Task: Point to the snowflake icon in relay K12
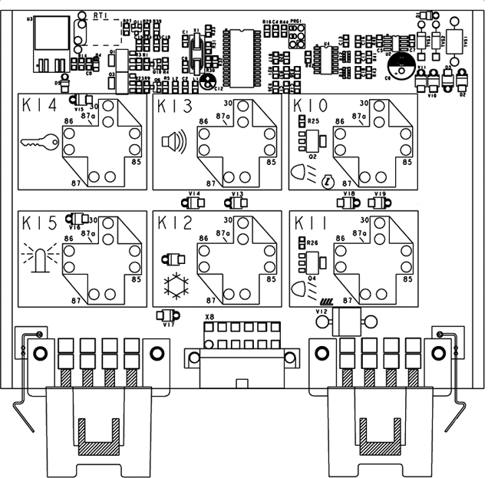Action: point(175,285)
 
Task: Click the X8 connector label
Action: point(209,315)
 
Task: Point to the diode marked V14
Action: point(193,203)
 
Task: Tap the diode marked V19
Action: point(378,203)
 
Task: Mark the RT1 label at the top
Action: point(100,15)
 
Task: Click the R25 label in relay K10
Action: point(313,121)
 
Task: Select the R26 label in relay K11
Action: point(313,242)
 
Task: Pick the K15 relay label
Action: point(40,223)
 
